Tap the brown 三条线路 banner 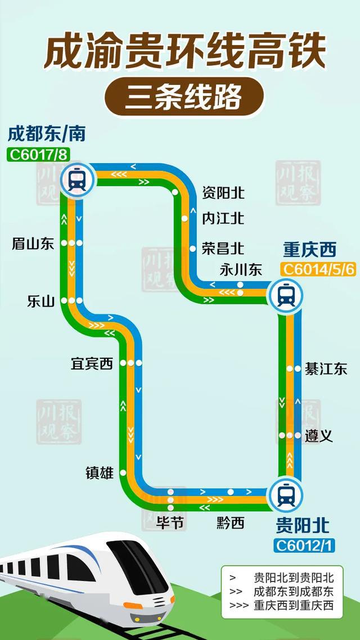coord(183,96)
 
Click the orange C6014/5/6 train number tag coord(318,269)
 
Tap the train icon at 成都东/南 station coord(78,180)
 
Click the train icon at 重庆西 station coord(286,294)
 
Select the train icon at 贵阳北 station coord(286,495)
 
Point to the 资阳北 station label coord(223,193)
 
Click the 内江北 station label coord(223,218)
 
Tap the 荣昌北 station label coord(223,248)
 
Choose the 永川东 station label coord(241,270)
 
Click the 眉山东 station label coord(33,244)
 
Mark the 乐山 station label coord(40,301)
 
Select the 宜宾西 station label coord(92,364)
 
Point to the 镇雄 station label coord(100,474)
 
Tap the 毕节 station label coord(170,523)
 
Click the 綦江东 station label coord(326,369)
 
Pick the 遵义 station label coord(319,436)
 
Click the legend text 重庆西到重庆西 coord(293,606)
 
